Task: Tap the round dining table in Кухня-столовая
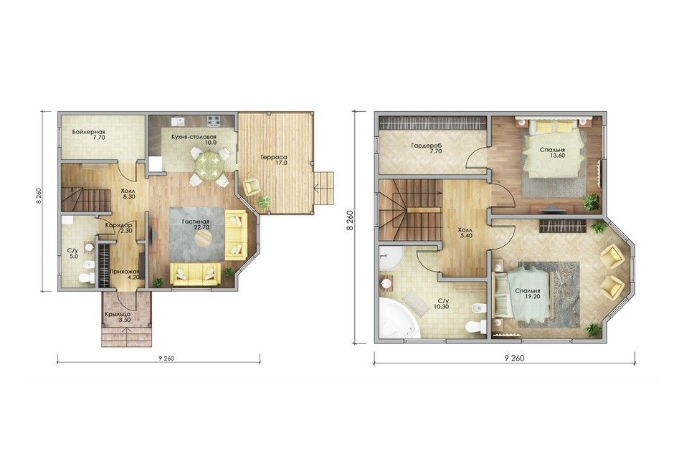(209, 163)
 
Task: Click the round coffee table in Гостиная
(204, 237)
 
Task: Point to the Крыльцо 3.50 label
(118, 317)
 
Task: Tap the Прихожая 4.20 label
(125, 275)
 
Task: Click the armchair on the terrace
(251, 187)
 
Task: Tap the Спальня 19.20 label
(528, 293)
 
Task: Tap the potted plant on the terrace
(265, 201)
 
